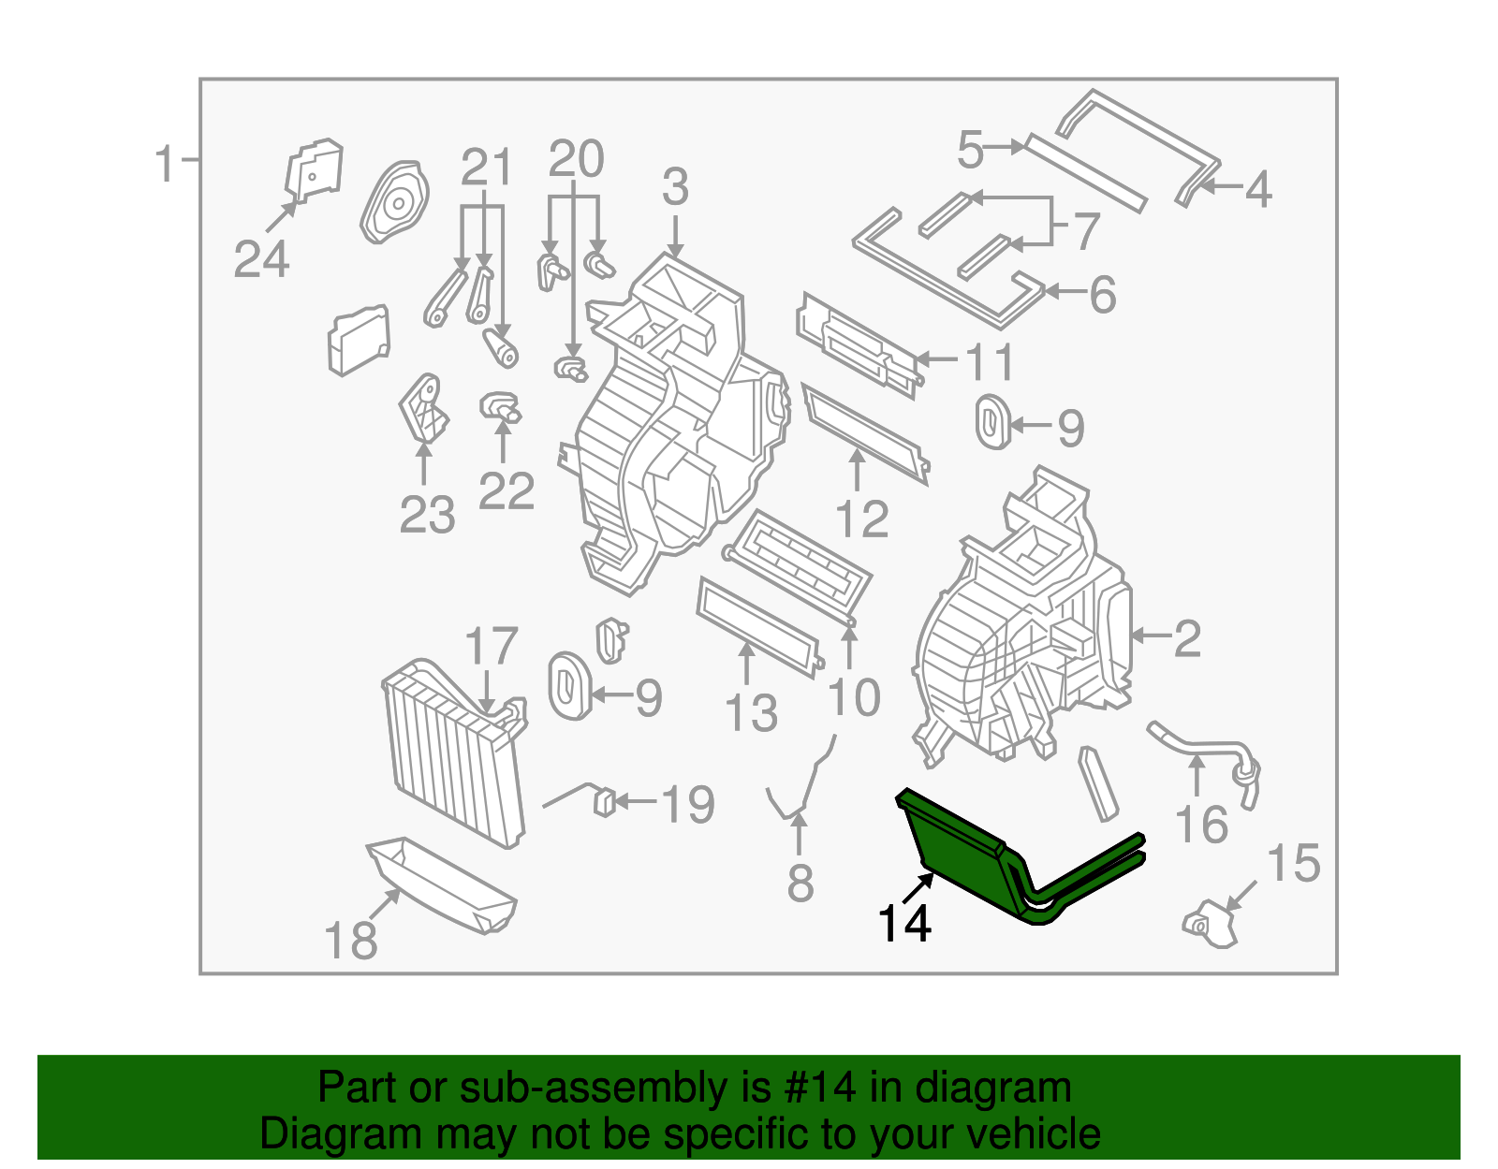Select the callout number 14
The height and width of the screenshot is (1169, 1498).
point(903,924)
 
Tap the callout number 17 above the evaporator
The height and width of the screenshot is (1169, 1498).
point(491,647)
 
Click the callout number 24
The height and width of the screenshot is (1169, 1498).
point(261,259)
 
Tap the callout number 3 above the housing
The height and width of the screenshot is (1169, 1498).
point(675,187)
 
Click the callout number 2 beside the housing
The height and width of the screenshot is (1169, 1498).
point(1187,638)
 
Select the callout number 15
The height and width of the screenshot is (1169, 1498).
point(1293,863)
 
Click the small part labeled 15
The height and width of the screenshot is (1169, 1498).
point(1212,922)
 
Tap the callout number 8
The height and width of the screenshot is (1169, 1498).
point(800,884)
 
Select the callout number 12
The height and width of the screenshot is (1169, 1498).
point(861,519)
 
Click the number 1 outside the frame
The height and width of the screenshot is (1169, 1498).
point(165,165)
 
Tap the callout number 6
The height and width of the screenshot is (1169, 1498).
point(1103,295)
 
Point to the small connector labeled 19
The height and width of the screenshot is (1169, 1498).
point(605,802)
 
